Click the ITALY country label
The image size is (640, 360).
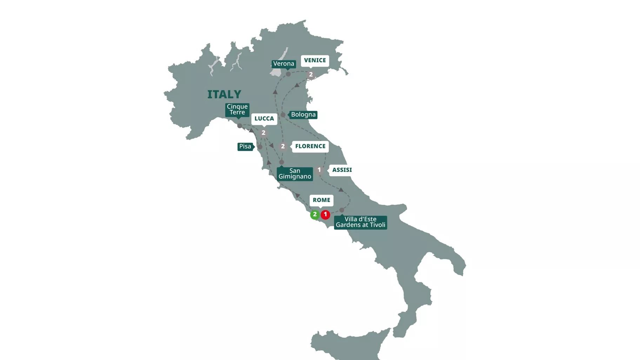tap(224, 94)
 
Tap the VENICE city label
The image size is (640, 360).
tap(315, 60)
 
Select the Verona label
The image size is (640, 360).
tap(284, 64)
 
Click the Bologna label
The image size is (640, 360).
tap(303, 115)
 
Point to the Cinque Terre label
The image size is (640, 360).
tap(237, 109)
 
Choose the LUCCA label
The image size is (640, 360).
tap(264, 119)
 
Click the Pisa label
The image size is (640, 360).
tap(245, 147)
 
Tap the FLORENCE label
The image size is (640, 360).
tap(310, 146)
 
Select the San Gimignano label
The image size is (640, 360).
tap(295, 174)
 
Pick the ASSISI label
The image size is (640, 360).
tap(342, 170)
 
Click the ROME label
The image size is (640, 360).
tap(321, 200)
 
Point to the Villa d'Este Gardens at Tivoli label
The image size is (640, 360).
tap(360, 222)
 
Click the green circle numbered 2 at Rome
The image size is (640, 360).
tap(315, 214)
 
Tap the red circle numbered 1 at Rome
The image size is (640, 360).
tap(325, 214)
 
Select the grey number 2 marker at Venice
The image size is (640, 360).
tap(311, 75)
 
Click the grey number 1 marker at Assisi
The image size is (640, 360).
tap(319, 170)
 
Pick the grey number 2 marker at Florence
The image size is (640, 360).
tap(283, 146)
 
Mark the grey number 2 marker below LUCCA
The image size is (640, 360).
tap(263, 133)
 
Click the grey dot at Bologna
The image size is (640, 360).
tap(283, 115)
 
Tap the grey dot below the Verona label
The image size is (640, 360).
tap(288, 74)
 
